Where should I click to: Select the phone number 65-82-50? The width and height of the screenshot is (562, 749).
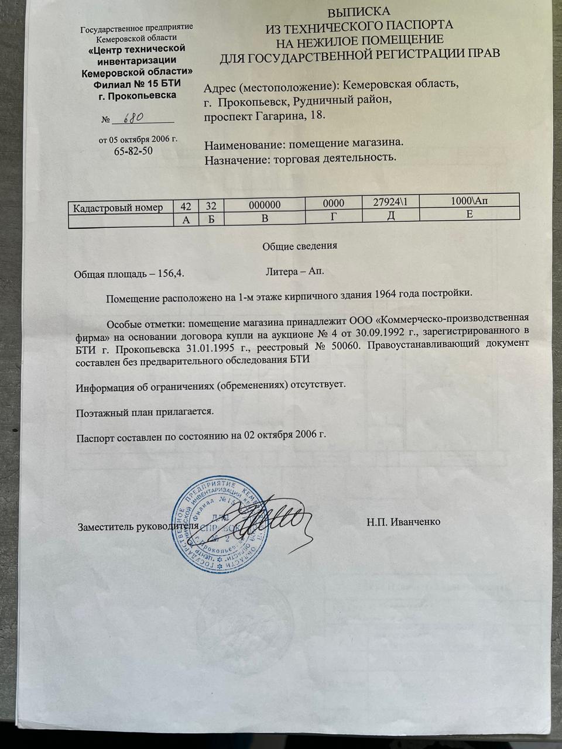click(x=133, y=151)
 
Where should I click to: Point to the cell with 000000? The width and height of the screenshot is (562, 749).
click(x=265, y=205)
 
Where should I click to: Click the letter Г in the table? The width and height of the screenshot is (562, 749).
click(x=333, y=217)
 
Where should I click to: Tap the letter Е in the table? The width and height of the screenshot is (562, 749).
click(x=469, y=214)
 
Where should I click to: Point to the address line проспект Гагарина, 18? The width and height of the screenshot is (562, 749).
click(x=263, y=116)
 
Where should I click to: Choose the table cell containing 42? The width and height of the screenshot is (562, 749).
click(x=186, y=205)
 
